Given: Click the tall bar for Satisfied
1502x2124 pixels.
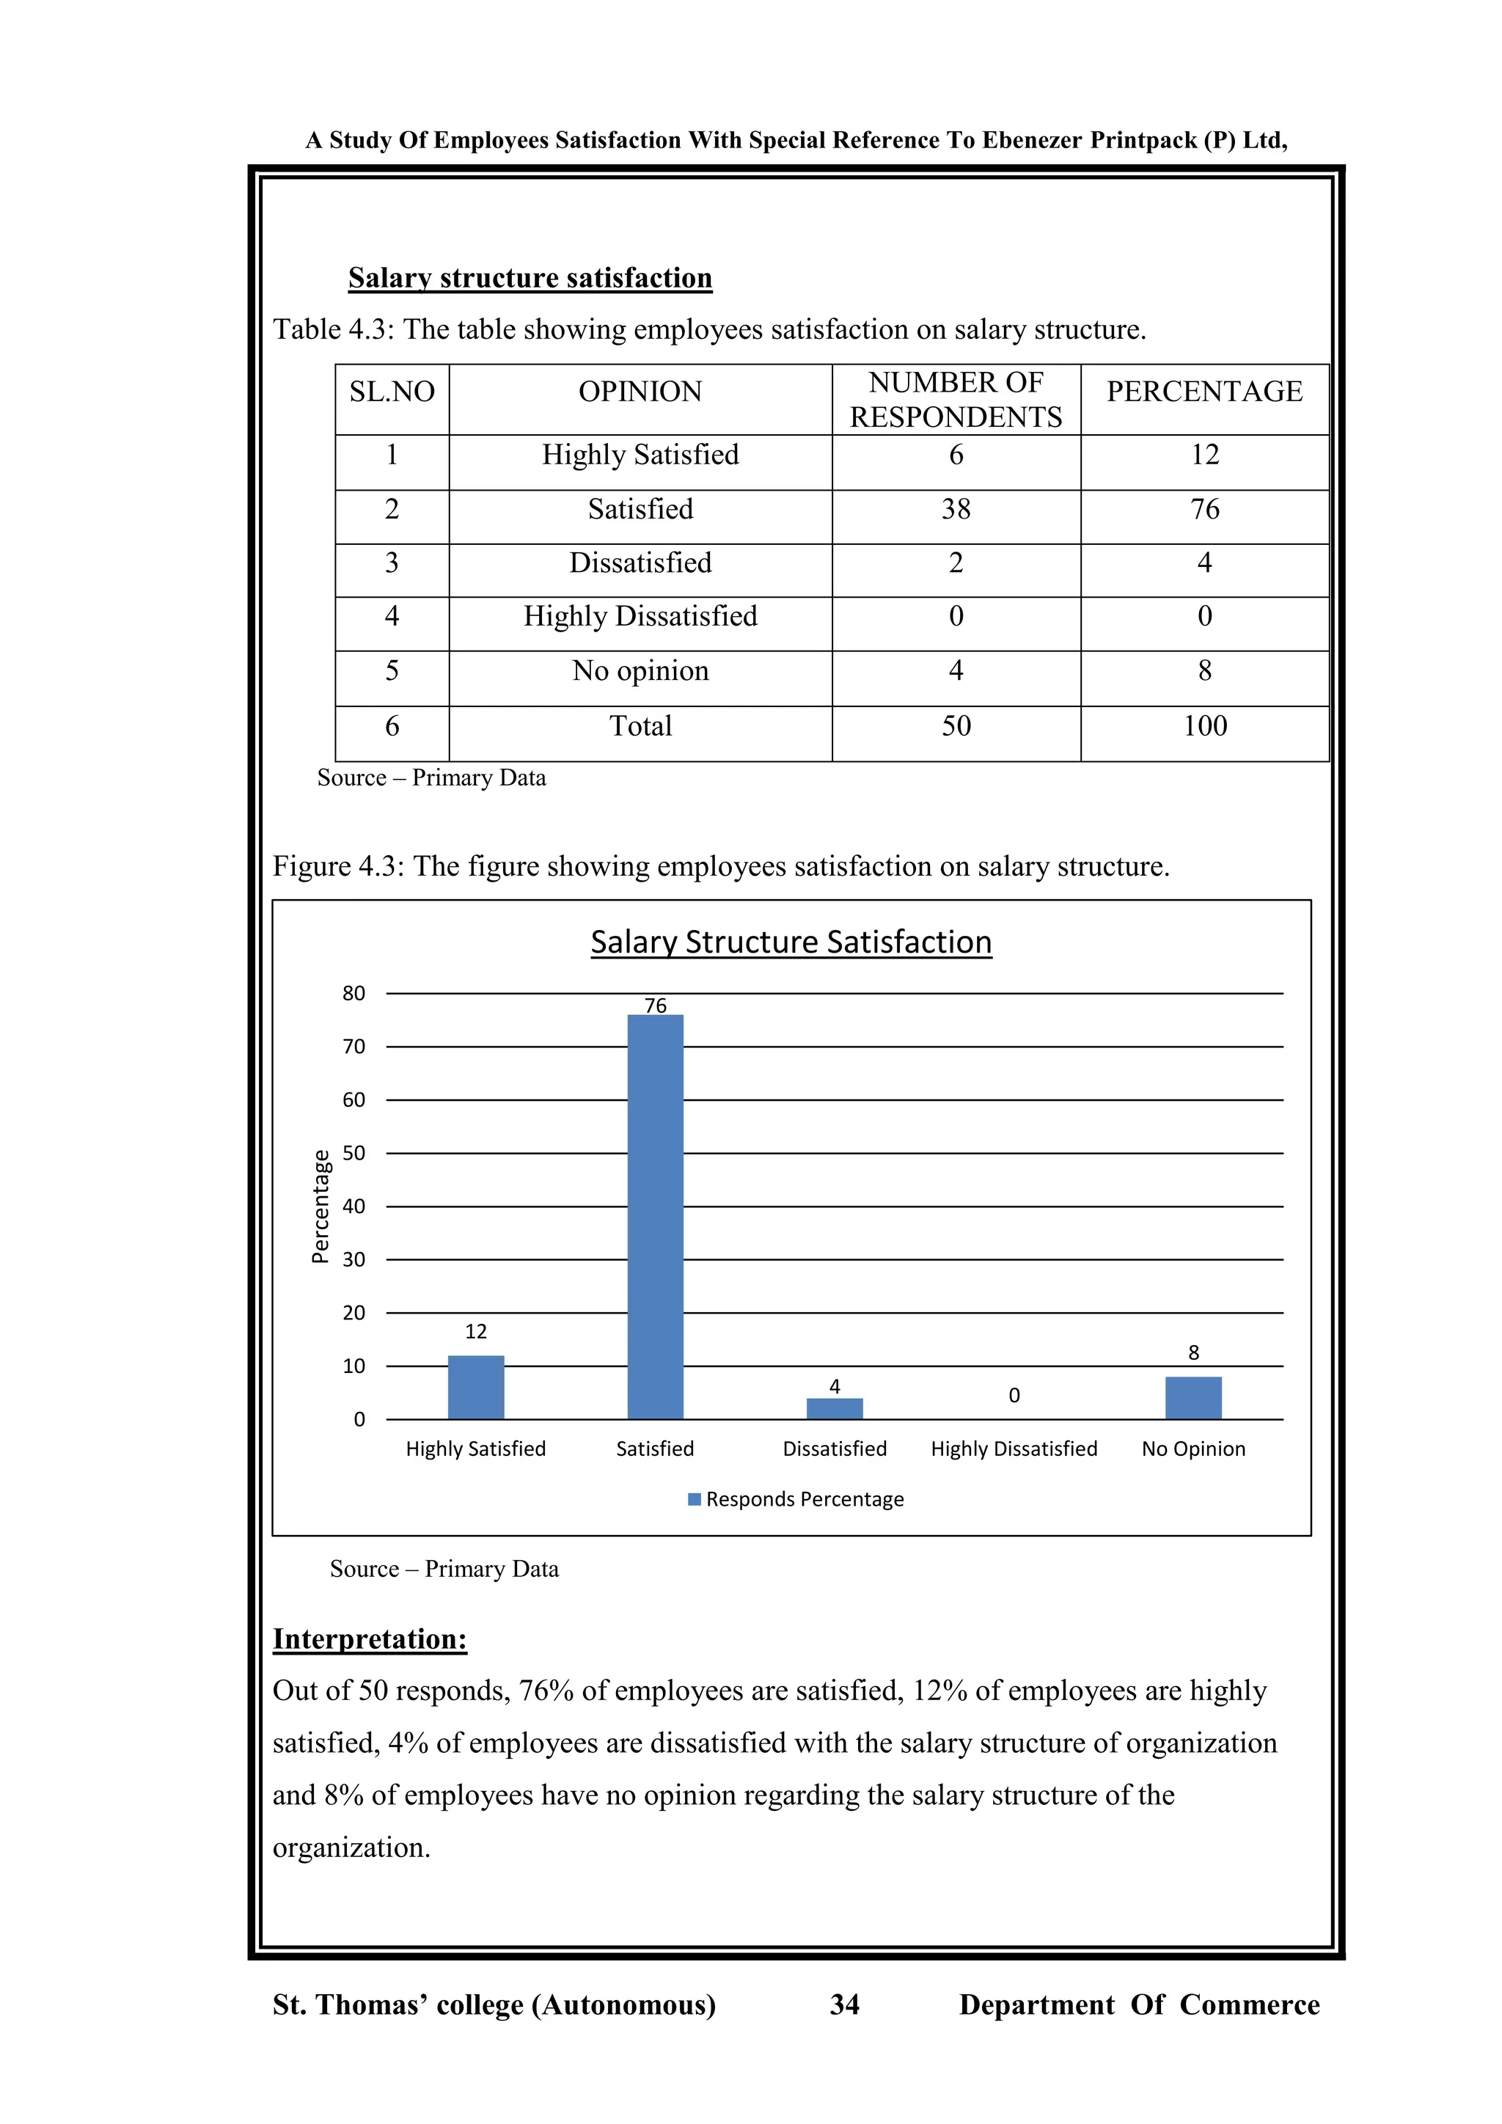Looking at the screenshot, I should tap(655, 1217).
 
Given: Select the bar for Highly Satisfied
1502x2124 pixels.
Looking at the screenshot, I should tap(475, 1387).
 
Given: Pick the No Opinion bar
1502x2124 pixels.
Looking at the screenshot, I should tap(1193, 1398).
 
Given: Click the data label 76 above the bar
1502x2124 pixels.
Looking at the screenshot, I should tap(655, 1006).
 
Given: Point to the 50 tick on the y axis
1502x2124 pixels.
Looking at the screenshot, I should tap(353, 1153).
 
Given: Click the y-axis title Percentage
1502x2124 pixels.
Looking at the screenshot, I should tap(320, 1206).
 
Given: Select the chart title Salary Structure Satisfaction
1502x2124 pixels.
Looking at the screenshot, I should tap(791, 942).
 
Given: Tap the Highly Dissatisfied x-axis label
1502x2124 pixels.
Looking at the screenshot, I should tap(1014, 1449).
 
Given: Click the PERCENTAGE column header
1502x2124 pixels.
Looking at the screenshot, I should tap(1204, 392).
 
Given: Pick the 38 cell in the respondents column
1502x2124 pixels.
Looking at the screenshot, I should tap(956, 509).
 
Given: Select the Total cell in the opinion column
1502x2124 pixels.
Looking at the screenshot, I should tap(640, 725).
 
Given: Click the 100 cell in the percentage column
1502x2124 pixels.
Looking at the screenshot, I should tap(1204, 725).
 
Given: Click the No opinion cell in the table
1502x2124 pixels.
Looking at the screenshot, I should tap(640, 670).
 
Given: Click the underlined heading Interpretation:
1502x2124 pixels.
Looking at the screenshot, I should tap(369, 1639).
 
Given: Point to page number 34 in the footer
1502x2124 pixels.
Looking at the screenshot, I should tap(844, 2004).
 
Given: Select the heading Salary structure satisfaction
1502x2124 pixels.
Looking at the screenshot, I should tap(530, 277).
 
